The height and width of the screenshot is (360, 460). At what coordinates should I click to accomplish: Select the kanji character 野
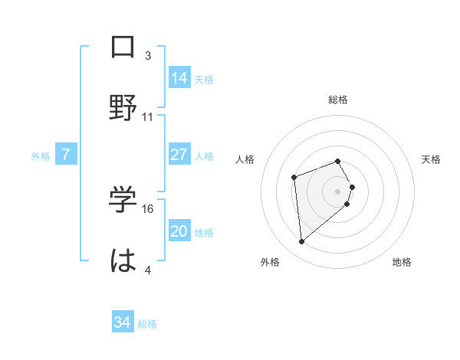(x=123, y=107)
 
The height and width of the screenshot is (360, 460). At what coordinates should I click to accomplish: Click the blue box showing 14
(x=179, y=78)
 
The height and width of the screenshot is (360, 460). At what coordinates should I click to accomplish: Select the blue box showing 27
(x=179, y=155)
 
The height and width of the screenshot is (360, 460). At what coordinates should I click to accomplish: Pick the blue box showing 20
(x=179, y=232)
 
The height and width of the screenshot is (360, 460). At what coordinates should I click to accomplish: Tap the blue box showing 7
(x=66, y=155)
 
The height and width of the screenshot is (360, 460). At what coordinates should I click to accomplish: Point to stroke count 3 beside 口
(x=148, y=56)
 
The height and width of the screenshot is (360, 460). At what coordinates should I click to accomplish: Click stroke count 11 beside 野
(x=148, y=117)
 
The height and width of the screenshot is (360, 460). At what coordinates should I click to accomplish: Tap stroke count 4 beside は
(x=148, y=270)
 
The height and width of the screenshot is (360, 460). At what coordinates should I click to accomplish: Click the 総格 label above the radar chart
(x=338, y=100)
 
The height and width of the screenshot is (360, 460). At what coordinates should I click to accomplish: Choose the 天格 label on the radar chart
(x=431, y=159)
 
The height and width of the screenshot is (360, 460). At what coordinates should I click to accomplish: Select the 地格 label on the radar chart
(x=402, y=262)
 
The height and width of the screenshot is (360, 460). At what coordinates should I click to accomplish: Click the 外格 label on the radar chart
(x=270, y=262)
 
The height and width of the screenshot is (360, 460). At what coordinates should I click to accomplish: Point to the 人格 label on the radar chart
(x=245, y=159)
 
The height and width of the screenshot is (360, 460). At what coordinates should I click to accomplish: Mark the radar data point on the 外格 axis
(x=302, y=242)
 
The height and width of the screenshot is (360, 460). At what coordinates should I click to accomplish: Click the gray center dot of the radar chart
(x=338, y=191)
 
